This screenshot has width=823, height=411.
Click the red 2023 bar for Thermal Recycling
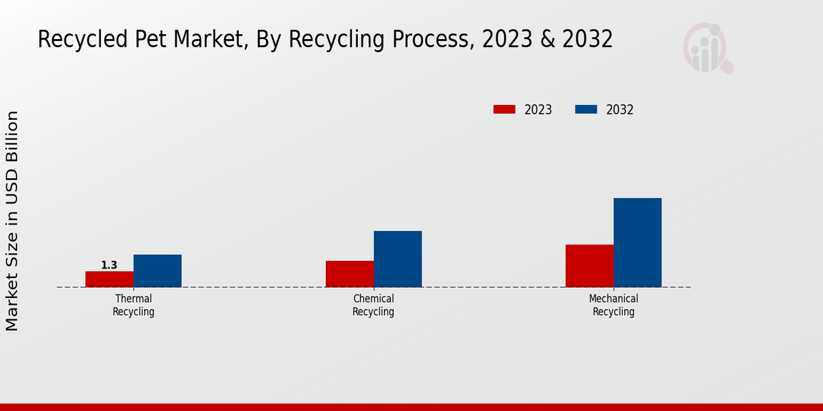pyautogui.click(x=110, y=279)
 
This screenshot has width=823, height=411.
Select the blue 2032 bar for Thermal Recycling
pyautogui.click(x=158, y=271)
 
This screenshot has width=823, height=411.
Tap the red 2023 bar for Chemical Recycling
pyautogui.click(x=350, y=274)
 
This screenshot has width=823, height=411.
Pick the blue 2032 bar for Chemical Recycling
pyautogui.click(x=398, y=259)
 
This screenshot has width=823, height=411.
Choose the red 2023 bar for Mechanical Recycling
pyautogui.click(x=589, y=266)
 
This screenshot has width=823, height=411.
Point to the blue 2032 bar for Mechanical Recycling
pyautogui.click(x=637, y=242)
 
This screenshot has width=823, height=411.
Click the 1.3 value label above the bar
pyautogui.click(x=109, y=265)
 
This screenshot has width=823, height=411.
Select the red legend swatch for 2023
pyautogui.click(x=504, y=110)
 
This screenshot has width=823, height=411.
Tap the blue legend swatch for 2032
pyautogui.click(x=586, y=110)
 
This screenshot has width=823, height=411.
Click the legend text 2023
pyautogui.click(x=538, y=110)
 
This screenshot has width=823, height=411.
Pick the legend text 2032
pyautogui.click(x=620, y=110)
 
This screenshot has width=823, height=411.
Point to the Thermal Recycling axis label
pyautogui.click(x=134, y=306)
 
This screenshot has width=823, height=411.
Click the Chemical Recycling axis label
pyautogui.click(x=374, y=306)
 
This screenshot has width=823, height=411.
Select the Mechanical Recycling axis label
pyautogui.click(x=614, y=306)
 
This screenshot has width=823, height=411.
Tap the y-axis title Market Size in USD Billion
pyautogui.click(x=12, y=221)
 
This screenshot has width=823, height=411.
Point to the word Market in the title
pyautogui.click(x=207, y=40)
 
